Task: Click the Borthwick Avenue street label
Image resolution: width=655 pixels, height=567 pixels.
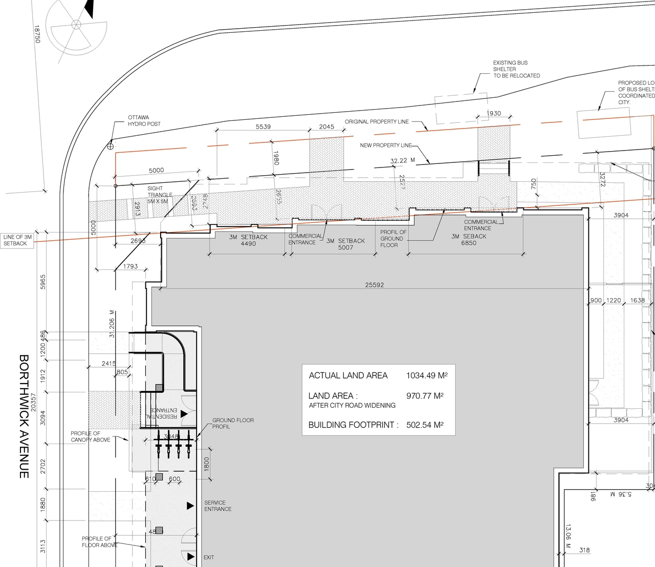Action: click(24, 416)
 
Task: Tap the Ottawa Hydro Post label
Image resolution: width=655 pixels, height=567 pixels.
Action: click(144, 120)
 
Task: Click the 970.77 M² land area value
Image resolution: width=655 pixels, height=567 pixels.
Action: click(424, 396)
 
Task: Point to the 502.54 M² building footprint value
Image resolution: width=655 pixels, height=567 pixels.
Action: click(424, 425)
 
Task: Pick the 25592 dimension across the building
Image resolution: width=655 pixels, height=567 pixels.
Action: click(374, 285)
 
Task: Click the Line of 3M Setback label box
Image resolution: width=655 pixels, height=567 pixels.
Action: click(17, 240)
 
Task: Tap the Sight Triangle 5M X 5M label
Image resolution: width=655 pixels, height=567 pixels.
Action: click(160, 195)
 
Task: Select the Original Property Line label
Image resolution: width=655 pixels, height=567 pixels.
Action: click(377, 121)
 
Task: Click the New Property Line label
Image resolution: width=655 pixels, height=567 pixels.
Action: click(385, 145)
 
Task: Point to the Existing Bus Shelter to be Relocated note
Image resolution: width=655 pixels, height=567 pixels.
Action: click(516, 69)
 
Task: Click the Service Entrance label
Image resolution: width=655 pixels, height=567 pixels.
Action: click(217, 506)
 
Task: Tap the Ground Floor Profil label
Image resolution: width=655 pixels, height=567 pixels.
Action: click(233, 423)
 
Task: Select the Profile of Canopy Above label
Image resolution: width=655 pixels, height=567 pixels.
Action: click(90, 436)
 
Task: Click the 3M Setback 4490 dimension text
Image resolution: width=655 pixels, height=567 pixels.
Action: click(248, 240)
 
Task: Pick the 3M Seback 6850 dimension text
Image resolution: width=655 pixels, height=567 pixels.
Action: click(468, 239)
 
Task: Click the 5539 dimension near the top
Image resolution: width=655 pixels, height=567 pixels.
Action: click(263, 127)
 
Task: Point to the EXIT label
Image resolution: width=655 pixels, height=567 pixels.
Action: click(209, 557)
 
